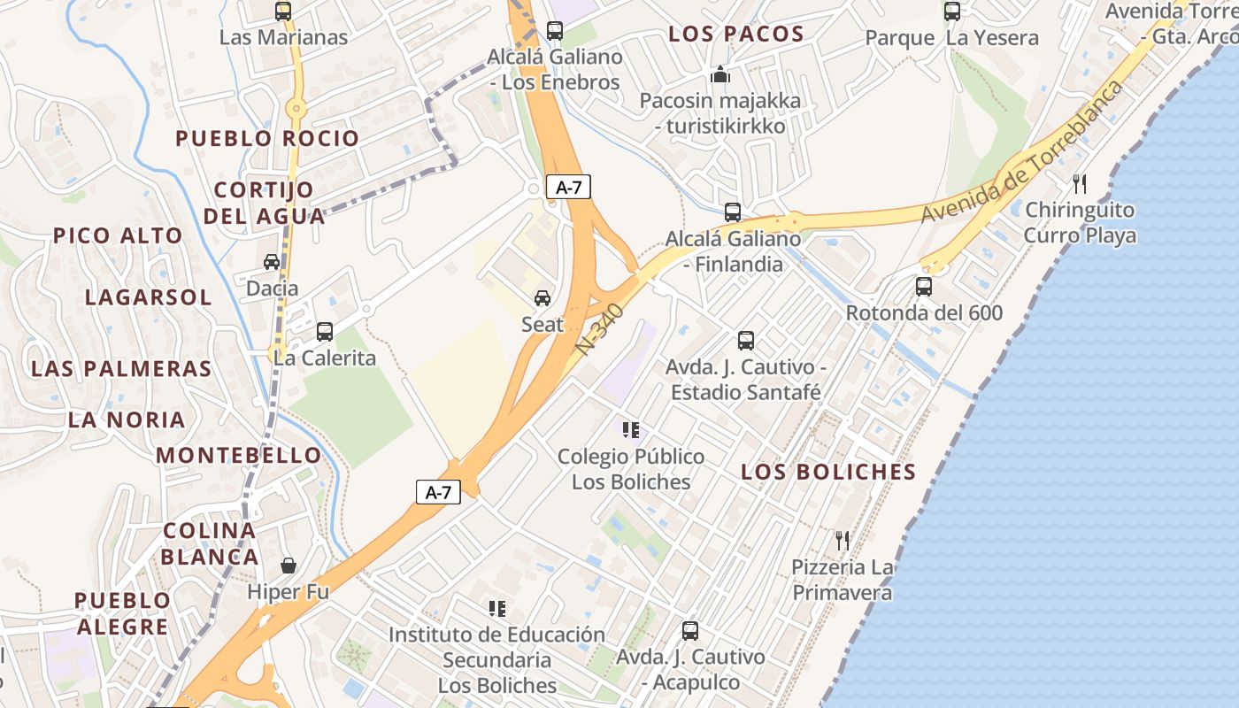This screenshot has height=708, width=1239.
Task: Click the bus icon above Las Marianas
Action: coord(283,12)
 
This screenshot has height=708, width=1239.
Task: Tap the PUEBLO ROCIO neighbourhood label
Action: coord(267,139)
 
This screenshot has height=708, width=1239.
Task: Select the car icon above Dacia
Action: coord(272,262)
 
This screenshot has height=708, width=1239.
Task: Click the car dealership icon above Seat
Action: coord(543,298)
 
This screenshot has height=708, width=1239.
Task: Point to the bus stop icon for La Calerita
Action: coord(325,332)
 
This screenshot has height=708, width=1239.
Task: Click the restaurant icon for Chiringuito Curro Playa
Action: coord(1080,184)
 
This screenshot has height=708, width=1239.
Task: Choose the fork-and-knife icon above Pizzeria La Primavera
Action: coord(843,540)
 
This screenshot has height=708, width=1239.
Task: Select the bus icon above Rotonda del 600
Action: coord(924,287)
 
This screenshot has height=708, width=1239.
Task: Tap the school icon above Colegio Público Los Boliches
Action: coord(631,431)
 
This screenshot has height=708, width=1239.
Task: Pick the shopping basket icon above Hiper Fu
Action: coord(289,566)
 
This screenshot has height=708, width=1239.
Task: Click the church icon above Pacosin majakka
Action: coord(720,74)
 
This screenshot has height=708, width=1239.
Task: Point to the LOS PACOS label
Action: coord(736,35)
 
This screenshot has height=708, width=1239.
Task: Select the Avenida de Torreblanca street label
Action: coord(1022,152)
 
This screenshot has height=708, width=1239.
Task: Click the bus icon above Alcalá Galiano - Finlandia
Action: coord(733,212)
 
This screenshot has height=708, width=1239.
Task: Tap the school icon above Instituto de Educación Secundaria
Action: coord(497,609)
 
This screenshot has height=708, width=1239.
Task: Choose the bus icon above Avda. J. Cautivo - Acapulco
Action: coord(690,631)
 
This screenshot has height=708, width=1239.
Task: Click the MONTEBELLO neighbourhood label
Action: coord(239,456)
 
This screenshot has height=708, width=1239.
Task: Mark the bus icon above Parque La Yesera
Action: coord(952,12)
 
